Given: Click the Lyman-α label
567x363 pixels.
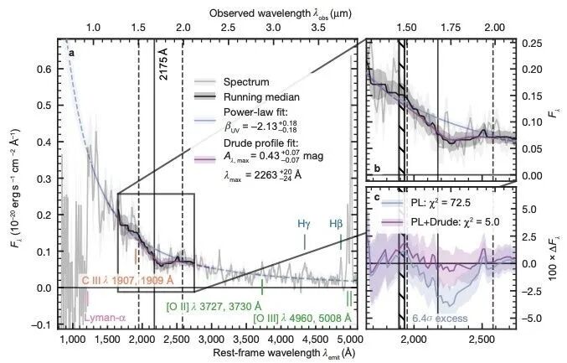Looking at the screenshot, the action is [106, 318].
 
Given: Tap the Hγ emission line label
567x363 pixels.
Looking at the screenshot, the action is [304, 224].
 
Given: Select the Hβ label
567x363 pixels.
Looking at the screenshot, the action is [336, 224].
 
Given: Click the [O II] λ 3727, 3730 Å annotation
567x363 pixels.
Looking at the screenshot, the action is [214, 307].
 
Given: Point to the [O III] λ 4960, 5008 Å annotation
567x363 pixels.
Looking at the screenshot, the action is [302, 318].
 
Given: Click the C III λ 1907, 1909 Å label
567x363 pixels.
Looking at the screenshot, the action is [127, 281].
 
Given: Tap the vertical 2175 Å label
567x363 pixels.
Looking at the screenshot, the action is [163, 64].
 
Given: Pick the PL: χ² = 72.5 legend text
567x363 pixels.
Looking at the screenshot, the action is [441, 203].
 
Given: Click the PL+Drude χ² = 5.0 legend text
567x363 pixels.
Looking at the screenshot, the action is [455, 221].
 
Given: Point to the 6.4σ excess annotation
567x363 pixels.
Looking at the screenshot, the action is [440, 319].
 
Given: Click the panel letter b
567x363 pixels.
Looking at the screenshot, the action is [377, 169].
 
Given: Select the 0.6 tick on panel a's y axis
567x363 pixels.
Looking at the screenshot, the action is [44, 69].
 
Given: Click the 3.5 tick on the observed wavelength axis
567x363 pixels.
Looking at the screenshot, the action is [318, 28].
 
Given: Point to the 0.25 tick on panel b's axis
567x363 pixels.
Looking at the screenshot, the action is [532, 44].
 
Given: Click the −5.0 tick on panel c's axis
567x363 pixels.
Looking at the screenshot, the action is [532, 318].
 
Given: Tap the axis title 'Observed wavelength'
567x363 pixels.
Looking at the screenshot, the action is [260, 13].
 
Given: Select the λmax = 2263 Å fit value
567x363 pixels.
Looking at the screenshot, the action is [263, 174].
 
